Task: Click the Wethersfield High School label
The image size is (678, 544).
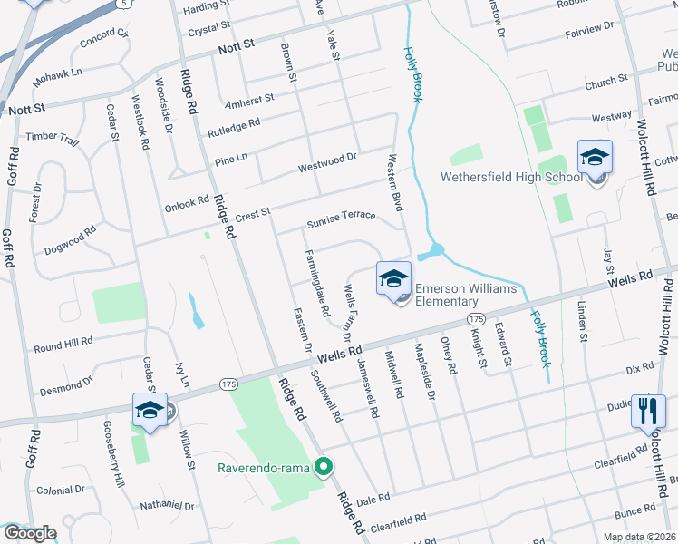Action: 511,177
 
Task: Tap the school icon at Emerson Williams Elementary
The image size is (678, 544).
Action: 393,278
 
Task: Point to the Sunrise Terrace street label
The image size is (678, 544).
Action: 340,217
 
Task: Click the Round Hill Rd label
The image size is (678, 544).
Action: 63,345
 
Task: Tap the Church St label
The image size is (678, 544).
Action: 606,83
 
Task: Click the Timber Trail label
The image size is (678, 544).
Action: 52,137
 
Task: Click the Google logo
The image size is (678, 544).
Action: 30,533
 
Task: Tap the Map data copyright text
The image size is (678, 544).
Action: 639,537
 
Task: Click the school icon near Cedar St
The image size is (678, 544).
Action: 150,410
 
